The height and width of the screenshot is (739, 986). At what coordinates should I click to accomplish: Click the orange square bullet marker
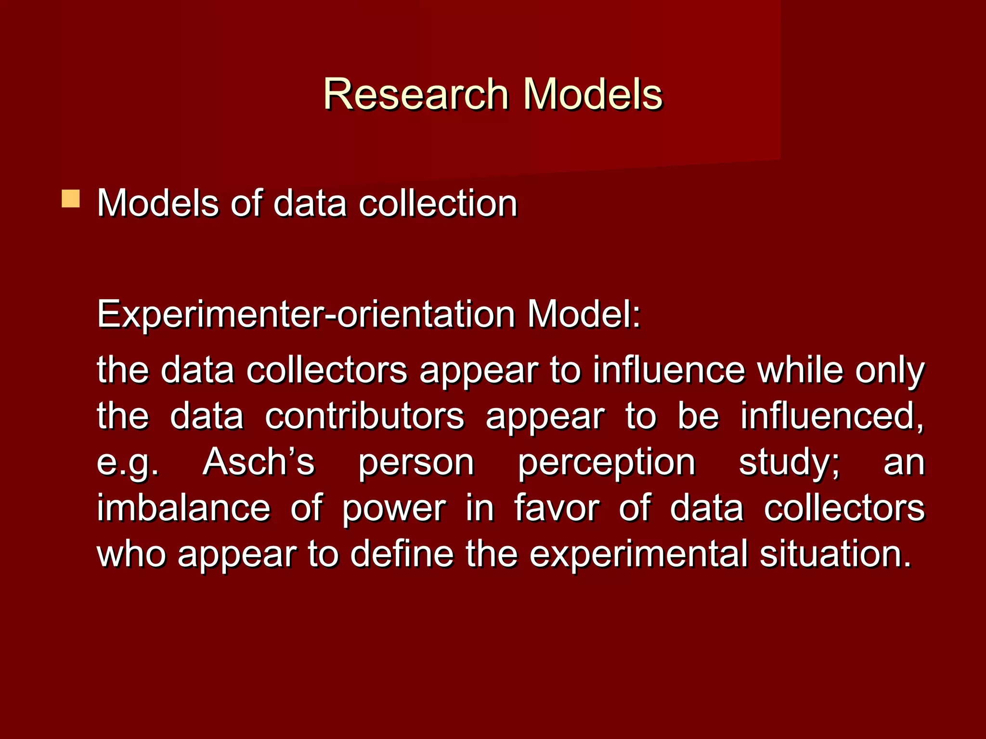point(71,198)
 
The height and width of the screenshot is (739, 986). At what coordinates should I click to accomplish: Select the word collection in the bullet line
point(438,203)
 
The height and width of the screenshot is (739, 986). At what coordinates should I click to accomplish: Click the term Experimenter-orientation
point(306,314)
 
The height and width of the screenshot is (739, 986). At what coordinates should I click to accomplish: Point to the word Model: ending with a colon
point(584,314)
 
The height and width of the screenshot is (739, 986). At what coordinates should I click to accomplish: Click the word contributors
point(364,416)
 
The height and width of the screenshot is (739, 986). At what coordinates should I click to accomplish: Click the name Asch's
point(259,462)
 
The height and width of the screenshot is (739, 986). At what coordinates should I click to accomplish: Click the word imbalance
point(184,508)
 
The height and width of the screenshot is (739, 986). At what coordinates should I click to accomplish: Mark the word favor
point(557,508)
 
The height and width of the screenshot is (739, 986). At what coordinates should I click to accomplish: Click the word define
point(402,554)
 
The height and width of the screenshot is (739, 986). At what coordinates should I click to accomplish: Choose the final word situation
point(836,554)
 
